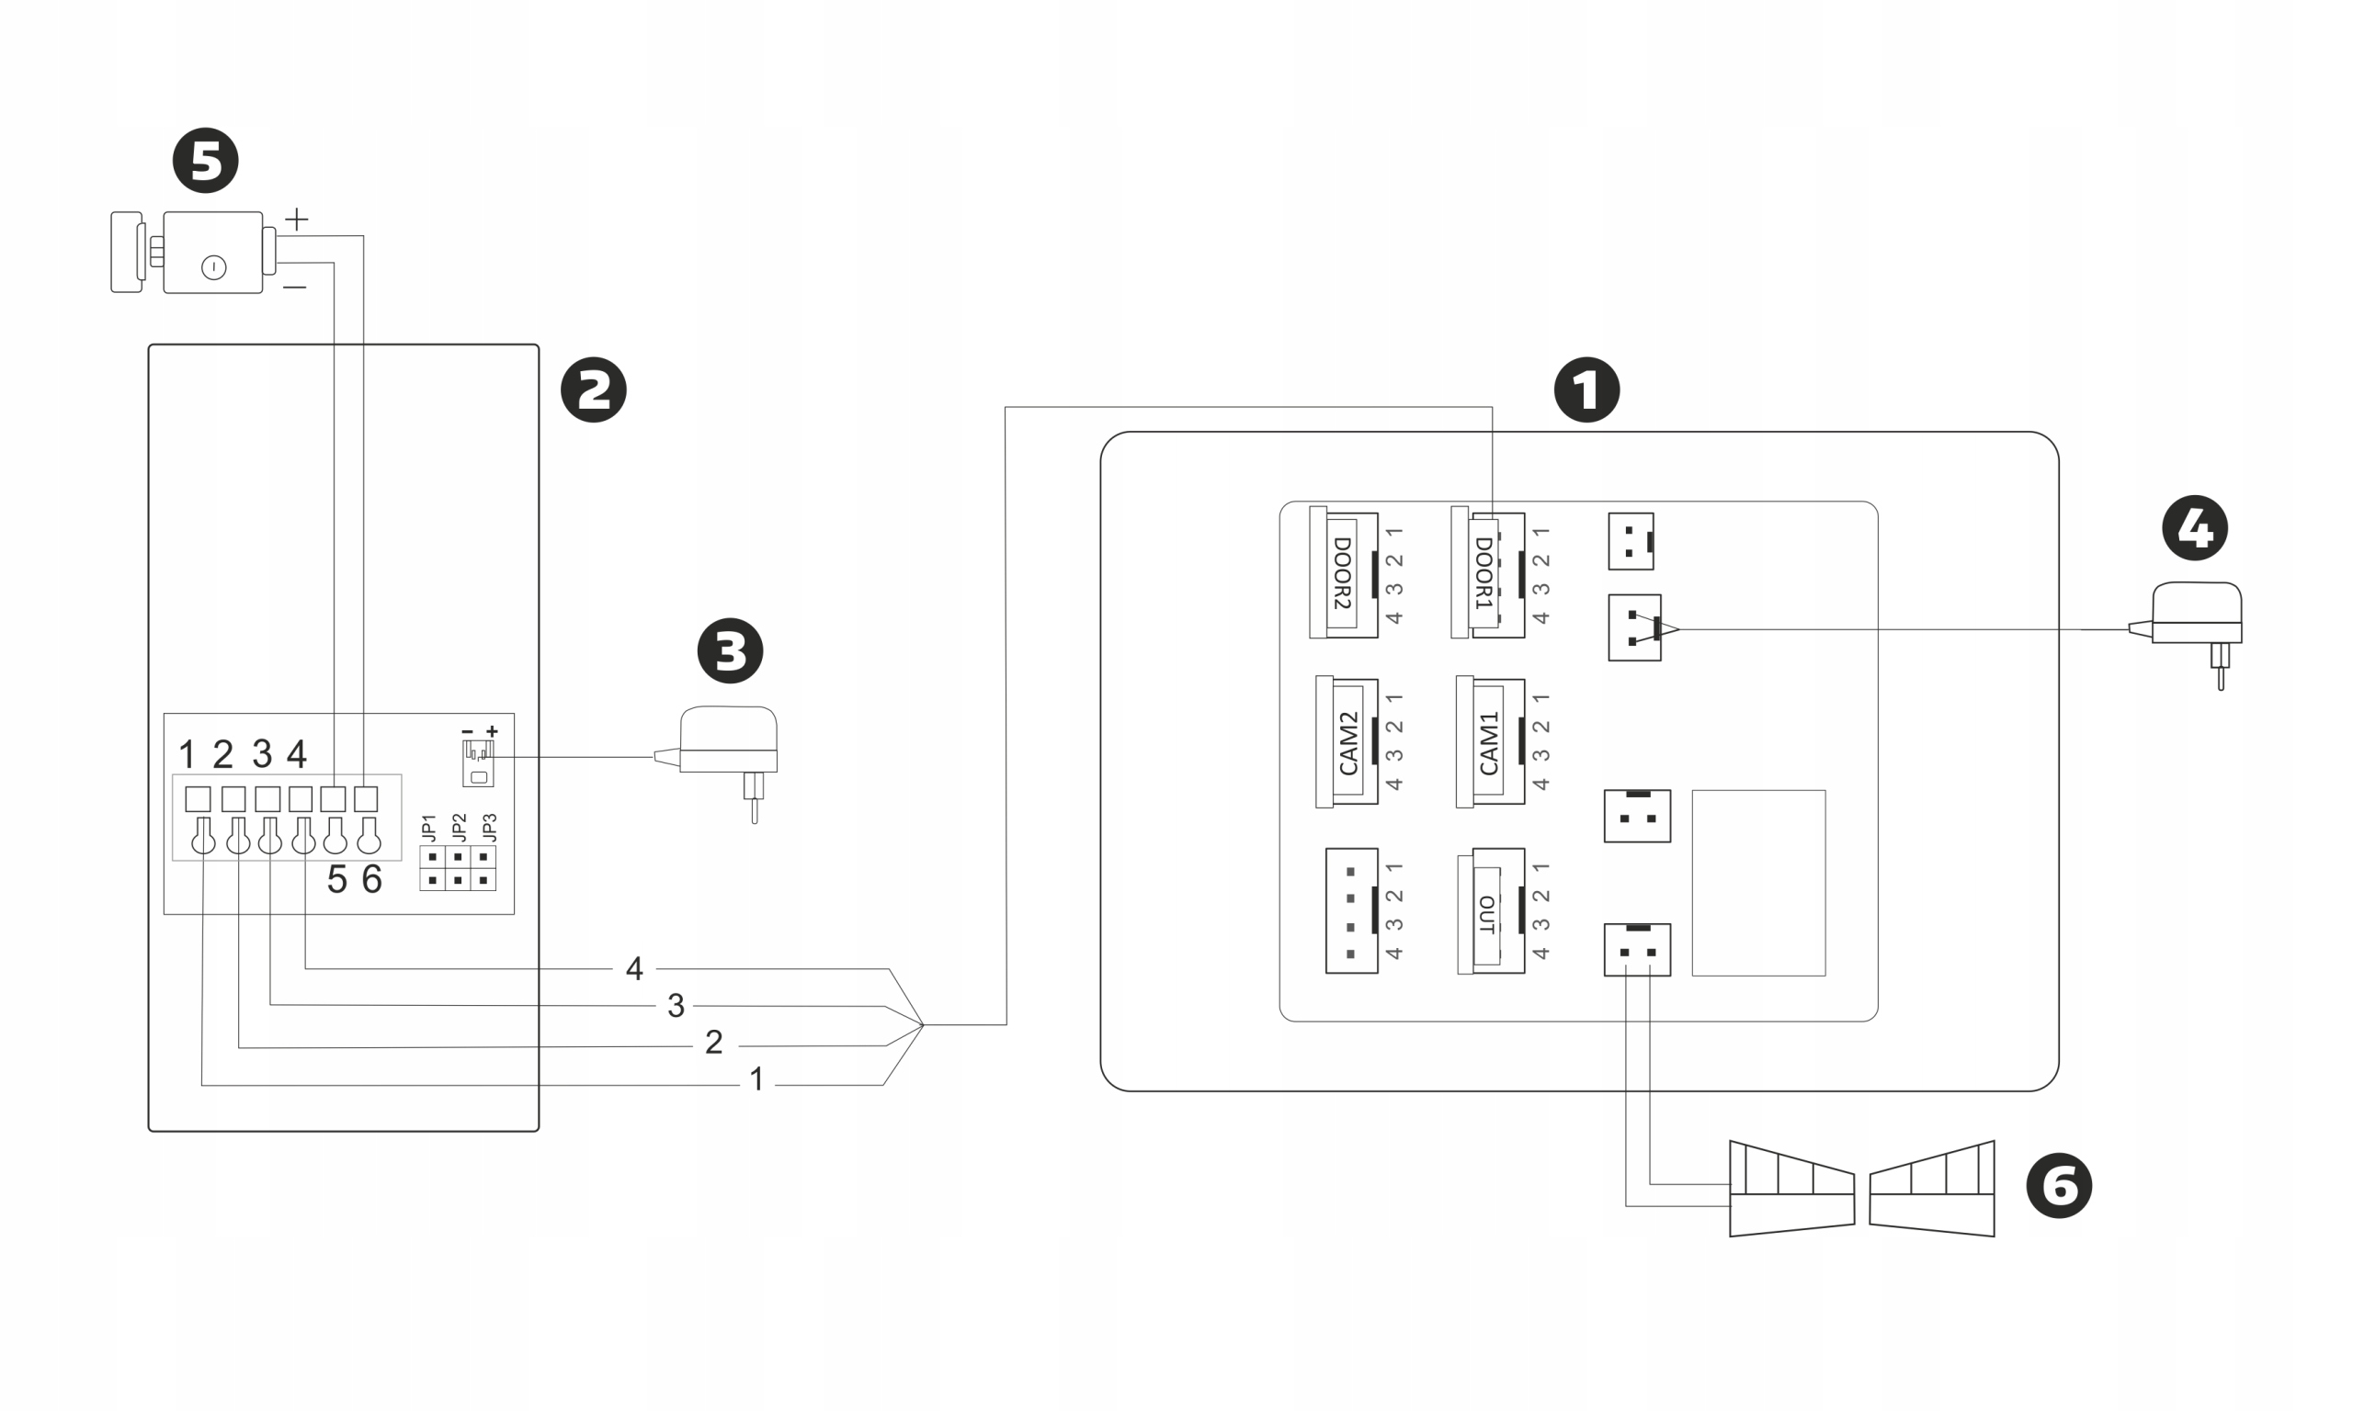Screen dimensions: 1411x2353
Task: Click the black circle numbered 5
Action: point(206,161)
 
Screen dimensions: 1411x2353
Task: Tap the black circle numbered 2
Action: point(594,389)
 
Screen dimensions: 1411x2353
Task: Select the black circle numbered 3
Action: point(731,651)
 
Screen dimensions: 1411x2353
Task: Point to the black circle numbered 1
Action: point(1586,389)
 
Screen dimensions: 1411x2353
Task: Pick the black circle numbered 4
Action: point(2195,527)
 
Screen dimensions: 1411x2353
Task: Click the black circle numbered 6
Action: point(2059,1186)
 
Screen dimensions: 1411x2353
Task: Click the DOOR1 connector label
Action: point(1483,572)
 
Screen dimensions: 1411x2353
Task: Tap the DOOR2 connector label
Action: point(1342,572)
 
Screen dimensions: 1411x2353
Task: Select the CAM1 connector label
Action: point(1489,742)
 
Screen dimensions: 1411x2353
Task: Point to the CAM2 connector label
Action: point(1347,742)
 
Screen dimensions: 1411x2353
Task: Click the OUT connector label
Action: point(1486,914)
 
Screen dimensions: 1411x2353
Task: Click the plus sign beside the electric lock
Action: point(297,220)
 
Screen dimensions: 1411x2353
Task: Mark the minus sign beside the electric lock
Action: point(295,288)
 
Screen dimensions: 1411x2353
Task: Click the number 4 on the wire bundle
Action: point(634,969)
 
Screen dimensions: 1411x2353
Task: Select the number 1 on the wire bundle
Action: point(757,1079)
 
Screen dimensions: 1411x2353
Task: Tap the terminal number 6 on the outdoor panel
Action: point(372,879)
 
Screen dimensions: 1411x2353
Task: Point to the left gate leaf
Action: point(1790,1189)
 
